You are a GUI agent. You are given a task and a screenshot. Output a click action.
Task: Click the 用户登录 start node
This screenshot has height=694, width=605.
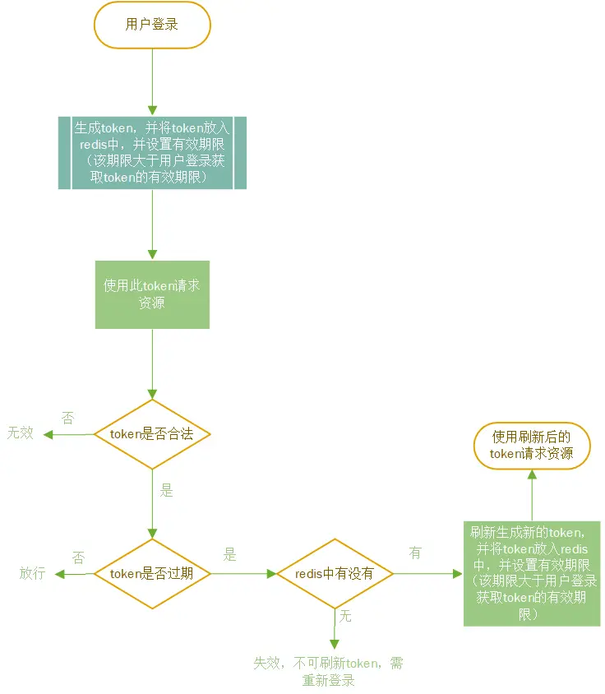[x=152, y=25]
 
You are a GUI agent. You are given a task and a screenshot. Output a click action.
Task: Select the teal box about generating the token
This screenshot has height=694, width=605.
[x=153, y=153]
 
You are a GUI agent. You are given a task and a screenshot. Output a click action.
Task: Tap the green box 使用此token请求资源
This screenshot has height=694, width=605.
[x=152, y=294]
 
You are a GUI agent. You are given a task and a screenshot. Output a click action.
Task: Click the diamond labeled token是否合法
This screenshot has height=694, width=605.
[x=152, y=433]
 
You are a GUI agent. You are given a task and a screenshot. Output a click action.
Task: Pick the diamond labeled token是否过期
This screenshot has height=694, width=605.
[x=152, y=573]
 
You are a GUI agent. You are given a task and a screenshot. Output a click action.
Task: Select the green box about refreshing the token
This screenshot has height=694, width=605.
[x=532, y=573]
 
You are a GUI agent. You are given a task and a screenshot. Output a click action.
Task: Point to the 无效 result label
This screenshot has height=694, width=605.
[x=21, y=433]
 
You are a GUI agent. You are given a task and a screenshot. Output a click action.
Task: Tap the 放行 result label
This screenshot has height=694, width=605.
[x=32, y=573]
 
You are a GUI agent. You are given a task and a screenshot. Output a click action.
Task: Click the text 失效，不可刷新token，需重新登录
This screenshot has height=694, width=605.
[x=328, y=672]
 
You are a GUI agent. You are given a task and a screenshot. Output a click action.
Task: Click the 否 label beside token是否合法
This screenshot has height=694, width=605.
[x=67, y=418]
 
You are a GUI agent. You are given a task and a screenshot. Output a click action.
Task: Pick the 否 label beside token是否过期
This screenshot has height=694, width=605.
[x=79, y=557]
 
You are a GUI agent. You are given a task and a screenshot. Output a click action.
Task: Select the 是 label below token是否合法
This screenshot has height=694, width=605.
[x=167, y=491]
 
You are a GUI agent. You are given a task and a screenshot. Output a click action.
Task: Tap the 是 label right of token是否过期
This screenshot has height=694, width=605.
[x=230, y=555]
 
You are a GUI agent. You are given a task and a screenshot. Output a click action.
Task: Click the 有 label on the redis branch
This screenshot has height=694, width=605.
[x=415, y=553]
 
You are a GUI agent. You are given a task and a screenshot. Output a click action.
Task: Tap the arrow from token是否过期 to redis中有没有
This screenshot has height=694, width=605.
[x=243, y=573]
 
